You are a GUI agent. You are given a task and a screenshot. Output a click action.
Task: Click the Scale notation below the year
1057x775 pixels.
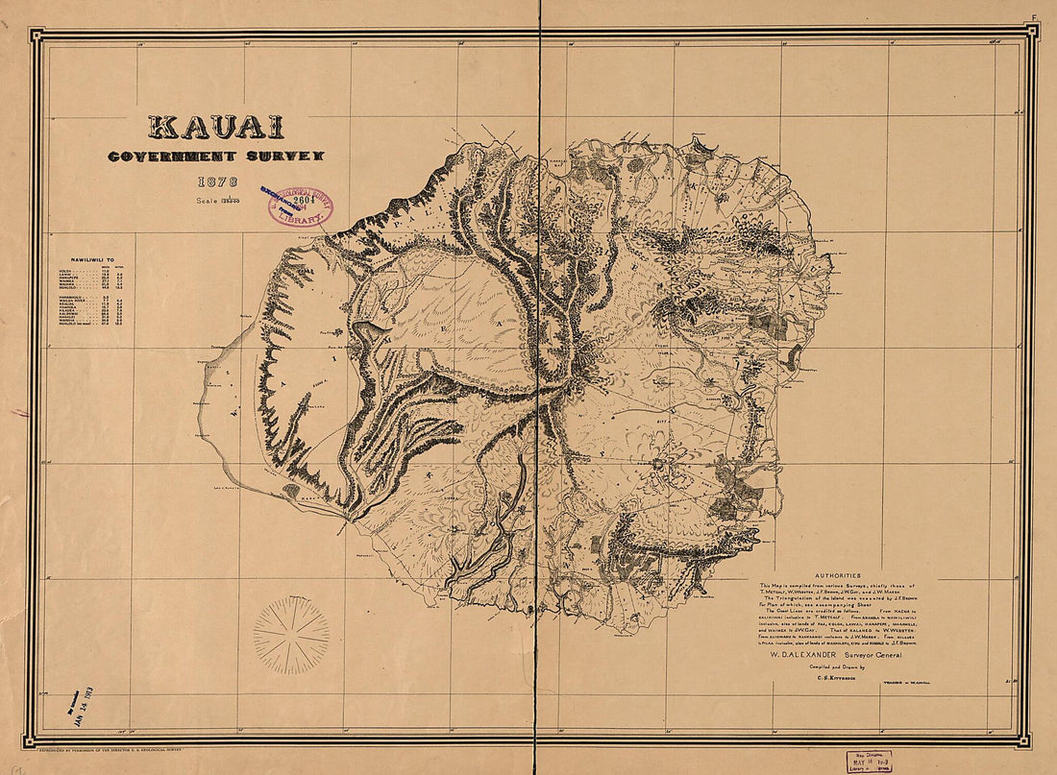pos(215,200)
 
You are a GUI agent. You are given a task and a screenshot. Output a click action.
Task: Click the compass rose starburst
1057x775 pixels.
pos(291,635)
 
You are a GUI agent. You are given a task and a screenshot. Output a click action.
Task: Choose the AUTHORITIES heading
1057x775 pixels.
pos(836,576)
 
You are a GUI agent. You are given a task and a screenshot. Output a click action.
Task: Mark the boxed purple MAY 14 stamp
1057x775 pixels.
pos(869,761)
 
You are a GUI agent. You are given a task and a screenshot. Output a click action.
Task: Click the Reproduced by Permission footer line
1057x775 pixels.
pos(110,748)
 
